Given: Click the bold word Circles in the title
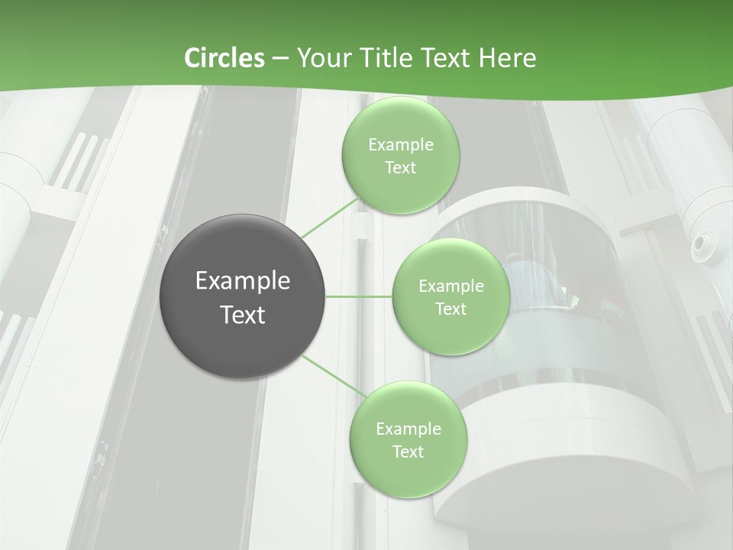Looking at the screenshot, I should point(224,58).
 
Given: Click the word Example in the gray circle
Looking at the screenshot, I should point(243,281).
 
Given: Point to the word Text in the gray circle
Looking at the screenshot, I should point(243,315).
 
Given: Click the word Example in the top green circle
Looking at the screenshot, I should point(400,144).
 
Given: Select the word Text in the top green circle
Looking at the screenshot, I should point(400,167).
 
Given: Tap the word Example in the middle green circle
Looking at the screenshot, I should point(450,286).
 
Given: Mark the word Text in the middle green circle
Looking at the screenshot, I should point(450,309).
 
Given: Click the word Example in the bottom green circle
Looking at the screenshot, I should point(408,429).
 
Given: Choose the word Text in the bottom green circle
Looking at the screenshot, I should point(408,451).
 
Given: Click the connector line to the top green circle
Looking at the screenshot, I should point(330,218).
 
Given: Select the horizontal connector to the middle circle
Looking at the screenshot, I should point(359,296).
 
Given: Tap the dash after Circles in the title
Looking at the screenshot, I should point(280,58).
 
